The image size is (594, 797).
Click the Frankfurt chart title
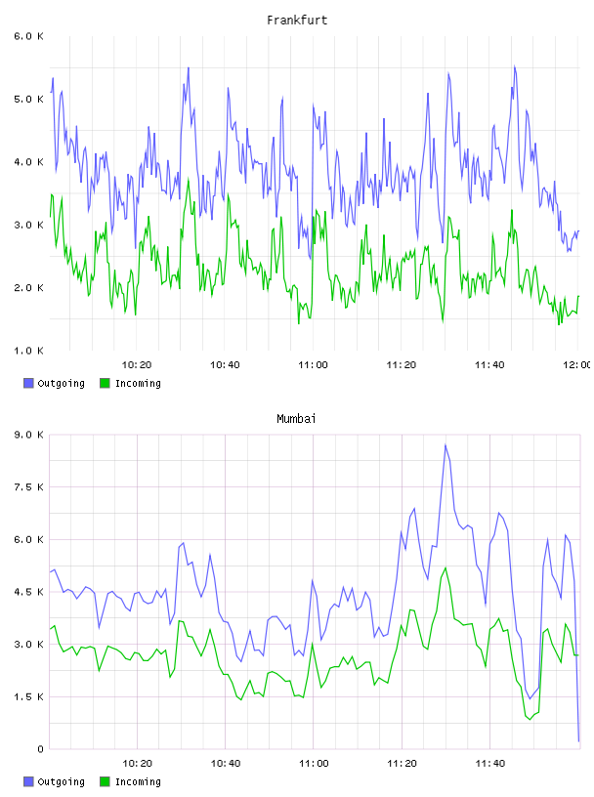(297, 21)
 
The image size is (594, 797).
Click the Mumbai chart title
(296, 419)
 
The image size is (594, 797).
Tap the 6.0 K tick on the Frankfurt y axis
(28, 36)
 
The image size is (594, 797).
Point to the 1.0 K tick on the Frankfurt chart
(28, 351)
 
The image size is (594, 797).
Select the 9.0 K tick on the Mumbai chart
(28, 435)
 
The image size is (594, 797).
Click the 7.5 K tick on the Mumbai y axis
(28, 487)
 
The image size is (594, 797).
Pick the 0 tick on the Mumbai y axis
(40, 749)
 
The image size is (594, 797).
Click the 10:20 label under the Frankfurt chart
(137, 365)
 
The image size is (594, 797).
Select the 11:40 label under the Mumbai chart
(489, 764)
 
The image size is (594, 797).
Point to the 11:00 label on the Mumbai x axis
(314, 764)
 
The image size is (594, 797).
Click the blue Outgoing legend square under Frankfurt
(28, 383)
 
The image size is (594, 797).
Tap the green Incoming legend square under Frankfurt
(105, 383)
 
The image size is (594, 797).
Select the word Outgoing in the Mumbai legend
(61, 781)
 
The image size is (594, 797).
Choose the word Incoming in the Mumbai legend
(138, 781)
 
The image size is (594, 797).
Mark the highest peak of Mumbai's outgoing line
(445, 444)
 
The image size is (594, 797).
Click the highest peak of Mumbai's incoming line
(445, 567)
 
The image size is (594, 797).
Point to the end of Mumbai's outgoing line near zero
(578, 741)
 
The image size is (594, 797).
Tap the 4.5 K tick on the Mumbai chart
(28, 592)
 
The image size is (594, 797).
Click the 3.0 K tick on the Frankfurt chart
(28, 225)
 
